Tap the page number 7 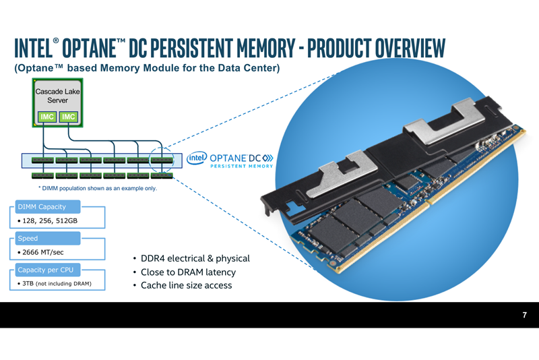tap(524, 315)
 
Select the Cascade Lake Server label tap(57, 95)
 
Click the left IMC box tap(46, 117)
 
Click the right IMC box tap(68, 117)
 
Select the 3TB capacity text tap(55, 283)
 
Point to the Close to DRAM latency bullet tap(188, 272)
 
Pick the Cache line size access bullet tap(186, 285)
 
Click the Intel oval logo tap(196, 158)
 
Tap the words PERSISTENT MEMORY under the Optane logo tap(241, 166)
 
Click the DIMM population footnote tap(98, 188)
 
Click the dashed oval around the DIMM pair tap(162, 164)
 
